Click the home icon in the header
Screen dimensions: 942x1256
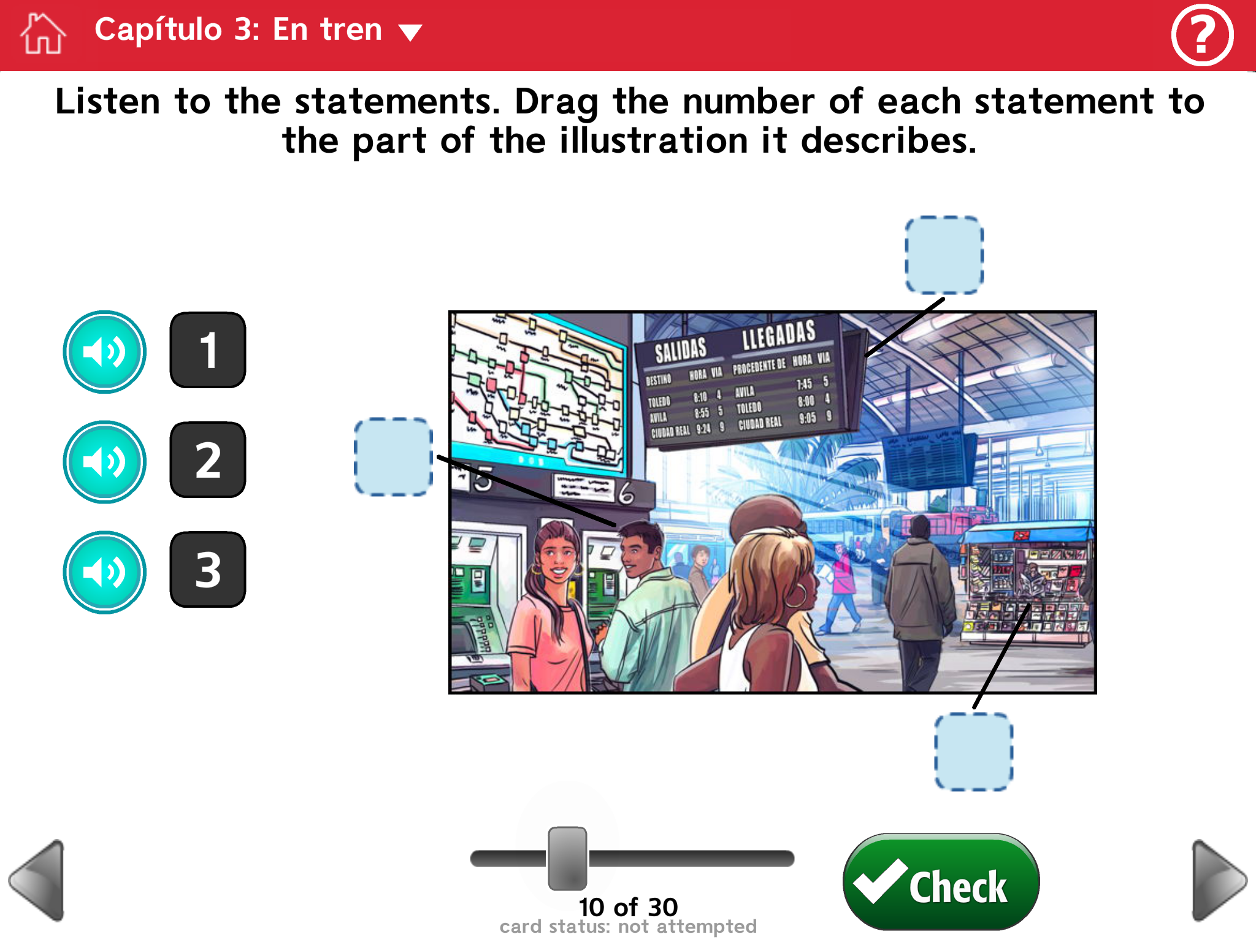[x=43, y=34]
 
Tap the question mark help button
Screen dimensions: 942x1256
[x=1202, y=34]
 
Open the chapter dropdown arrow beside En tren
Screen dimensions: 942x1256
[x=410, y=32]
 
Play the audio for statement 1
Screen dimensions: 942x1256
[x=105, y=352]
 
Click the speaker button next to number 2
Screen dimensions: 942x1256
[x=105, y=462]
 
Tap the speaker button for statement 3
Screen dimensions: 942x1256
[x=105, y=572]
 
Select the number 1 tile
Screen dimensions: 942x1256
[x=208, y=350]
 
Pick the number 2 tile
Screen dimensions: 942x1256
[x=208, y=460]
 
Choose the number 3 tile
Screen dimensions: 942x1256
[x=208, y=570]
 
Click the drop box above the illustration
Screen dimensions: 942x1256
[x=944, y=255]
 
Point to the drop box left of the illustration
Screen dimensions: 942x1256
[x=394, y=457]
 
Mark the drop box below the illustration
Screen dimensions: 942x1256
[x=973, y=752]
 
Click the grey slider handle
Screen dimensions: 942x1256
[x=567, y=858]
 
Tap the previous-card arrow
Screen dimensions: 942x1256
[x=38, y=880]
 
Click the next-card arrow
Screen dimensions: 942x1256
[x=1218, y=880]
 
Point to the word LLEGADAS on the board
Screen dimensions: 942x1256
[x=778, y=335]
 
